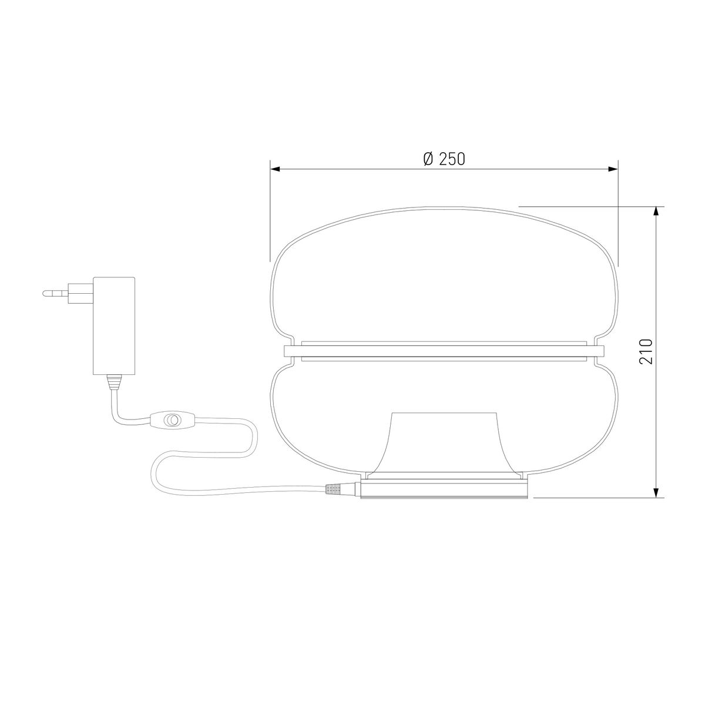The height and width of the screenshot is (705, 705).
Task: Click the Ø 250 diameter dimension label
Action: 444,159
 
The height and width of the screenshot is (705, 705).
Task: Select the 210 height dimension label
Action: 646,351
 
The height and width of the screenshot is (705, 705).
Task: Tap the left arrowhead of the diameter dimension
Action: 275,169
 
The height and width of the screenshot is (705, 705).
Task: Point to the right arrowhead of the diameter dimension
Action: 613,169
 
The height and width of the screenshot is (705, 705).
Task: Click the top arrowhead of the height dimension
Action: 656,212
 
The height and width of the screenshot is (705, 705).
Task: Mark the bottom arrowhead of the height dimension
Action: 656,492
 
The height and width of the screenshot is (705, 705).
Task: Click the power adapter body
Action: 114,325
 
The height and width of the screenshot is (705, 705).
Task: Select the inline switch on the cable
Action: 170,419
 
